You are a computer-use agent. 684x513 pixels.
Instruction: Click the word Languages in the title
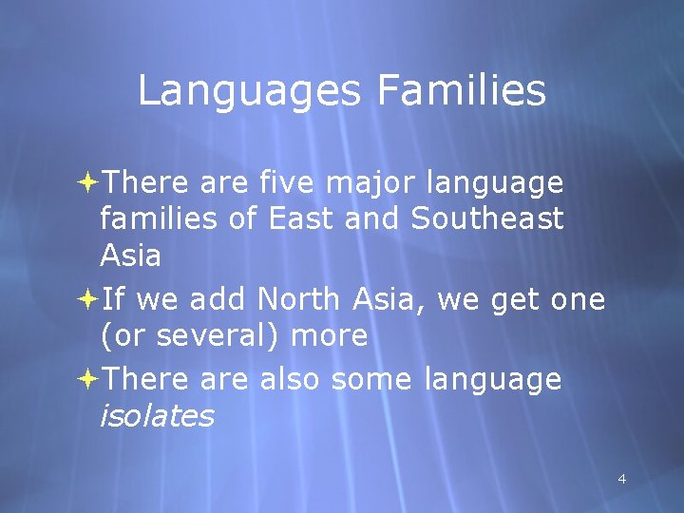pyautogui.click(x=248, y=92)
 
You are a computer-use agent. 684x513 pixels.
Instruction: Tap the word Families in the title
pyautogui.click(x=461, y=92)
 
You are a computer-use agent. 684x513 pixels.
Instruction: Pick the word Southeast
pyautogui.click(x=487, y=218)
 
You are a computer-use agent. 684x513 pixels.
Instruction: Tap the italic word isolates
pyautogui.click(x=157, y=416)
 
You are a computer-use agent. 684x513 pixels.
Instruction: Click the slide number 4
pyautogui.click(x=622, y=479)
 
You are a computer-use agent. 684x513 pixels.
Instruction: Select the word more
pyautogui.click(x=329, y=336)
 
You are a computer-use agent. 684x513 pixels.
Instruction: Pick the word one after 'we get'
pyautogui.click(x=578, y=300)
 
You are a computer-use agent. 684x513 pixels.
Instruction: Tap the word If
pyautogui.click(x=112, y=300)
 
